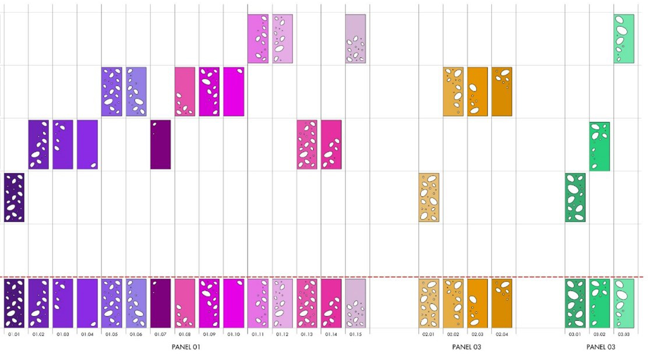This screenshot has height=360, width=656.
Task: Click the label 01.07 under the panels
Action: [160, 334]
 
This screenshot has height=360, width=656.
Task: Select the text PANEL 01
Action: [186, 347]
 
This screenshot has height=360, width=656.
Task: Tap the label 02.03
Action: [477, 334]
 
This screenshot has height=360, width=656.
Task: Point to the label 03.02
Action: [599, 334]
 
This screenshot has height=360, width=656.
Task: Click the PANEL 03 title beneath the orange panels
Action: [466, 347]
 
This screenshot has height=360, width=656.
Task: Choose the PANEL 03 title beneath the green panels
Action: [600, 347]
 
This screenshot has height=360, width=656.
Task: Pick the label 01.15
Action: [355, 334]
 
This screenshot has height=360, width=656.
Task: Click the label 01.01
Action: [14, 334]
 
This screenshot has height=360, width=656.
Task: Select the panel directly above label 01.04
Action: [87, 303]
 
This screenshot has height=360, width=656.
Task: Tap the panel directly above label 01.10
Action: [233, 303]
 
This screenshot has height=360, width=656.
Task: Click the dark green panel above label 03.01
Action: [575, 303]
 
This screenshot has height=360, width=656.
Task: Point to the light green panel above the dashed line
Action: [623, 38]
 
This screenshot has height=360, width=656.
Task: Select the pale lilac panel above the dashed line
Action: [355, 38]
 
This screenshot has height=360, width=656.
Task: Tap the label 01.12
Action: [282, 334]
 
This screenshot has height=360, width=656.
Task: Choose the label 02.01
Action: [428, 334]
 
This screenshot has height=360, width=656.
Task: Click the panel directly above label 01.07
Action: [160, 303]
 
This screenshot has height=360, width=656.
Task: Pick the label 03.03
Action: [623, 334]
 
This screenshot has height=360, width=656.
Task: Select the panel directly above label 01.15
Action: [355, 303]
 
